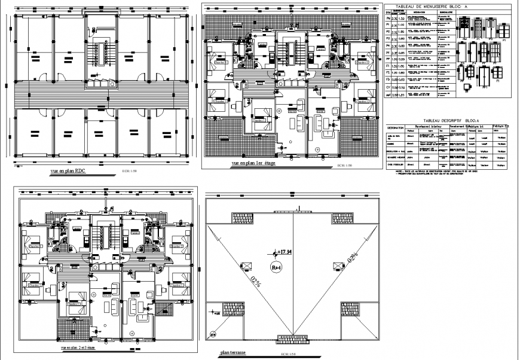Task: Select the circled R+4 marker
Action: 276,267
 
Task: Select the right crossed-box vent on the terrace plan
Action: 339,265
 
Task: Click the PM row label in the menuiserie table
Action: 388,19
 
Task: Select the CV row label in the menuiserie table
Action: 388,87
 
